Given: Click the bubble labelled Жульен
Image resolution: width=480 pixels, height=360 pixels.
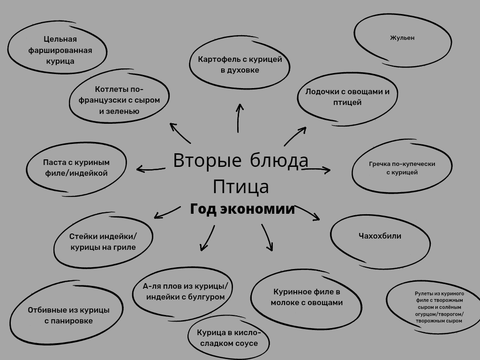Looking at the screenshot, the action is click(x=402, y=38).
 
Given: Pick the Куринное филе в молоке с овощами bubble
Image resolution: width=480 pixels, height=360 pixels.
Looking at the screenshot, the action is click(x=307, y=297).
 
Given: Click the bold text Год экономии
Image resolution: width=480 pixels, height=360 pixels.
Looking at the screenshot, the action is click(x=242, y=209).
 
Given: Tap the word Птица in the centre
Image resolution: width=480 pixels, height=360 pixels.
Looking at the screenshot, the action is click(x=241, y=187).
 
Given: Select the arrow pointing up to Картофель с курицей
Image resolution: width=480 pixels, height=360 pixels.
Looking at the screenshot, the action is click(x=239, y=117).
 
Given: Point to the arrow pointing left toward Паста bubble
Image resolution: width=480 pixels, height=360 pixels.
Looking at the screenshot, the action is click(x=150, y=168).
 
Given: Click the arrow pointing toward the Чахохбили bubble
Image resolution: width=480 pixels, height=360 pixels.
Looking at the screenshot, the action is click(x=308, y=212).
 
